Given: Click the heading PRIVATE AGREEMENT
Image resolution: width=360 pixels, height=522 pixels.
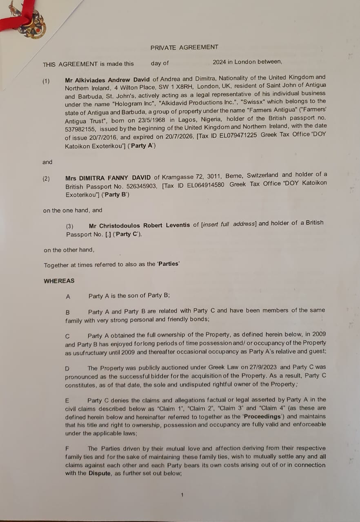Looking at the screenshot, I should [x=184, y=47].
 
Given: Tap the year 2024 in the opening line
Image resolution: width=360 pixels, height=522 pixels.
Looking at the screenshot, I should [x=220, y=62].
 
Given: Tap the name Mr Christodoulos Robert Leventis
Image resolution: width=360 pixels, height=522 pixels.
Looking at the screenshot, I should [x=139, y=226].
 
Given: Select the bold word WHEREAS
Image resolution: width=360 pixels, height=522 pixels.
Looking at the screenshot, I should [x=59, y=281].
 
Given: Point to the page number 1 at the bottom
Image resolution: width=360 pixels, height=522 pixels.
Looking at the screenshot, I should [x=182, y=495].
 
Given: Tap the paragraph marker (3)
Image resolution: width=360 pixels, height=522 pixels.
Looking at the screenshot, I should [x=70, y=226].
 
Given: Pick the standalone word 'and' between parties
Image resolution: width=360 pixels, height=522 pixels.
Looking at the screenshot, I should [x=47, y=162].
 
